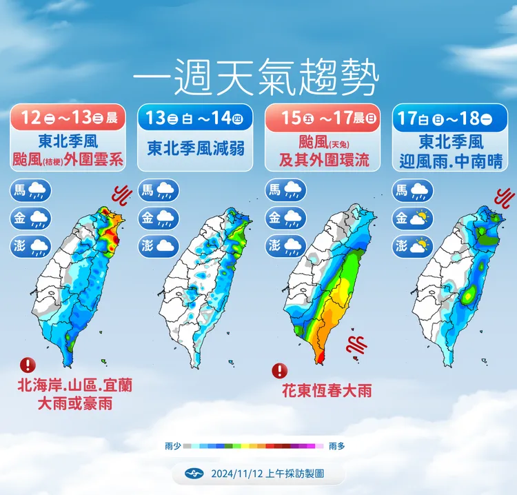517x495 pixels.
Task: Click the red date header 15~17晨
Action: click(x=321, y=118)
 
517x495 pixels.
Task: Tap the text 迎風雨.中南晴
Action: click(x=450, y=161)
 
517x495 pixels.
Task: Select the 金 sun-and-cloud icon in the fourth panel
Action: click(x=412, y=218)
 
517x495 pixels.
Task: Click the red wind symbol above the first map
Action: click(x=123, y=196)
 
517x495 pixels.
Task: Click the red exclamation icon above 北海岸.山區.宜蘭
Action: click(x=28, y=364)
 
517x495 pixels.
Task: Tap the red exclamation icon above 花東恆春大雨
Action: click(x=278, y=371)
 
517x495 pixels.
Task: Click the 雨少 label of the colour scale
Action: click(x=173, y=446)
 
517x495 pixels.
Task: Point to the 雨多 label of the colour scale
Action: click(x=337, y=446)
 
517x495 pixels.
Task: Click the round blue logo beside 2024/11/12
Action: click(x=193, y=473)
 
